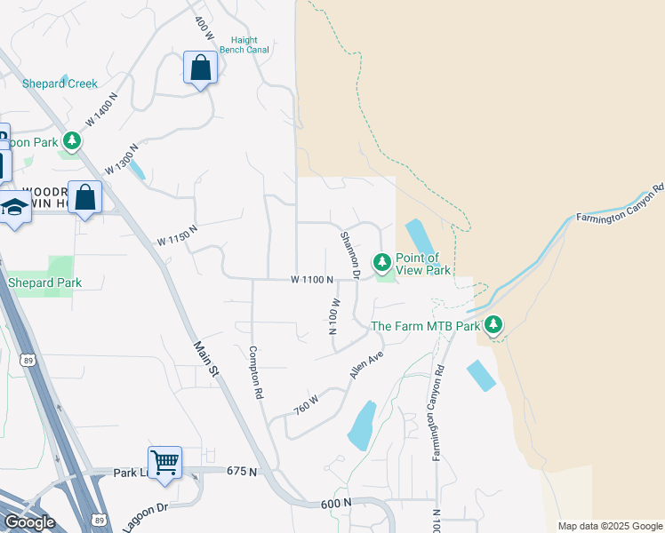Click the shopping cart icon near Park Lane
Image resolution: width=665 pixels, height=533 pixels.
(x=164, y=463)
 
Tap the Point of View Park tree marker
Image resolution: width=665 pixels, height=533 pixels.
(x=381, y=262)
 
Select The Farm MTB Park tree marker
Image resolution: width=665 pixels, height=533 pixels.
(x=493, y=325)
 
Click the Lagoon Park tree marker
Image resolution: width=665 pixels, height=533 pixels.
(x=71, y=141)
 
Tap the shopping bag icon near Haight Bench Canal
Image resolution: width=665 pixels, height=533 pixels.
(x=200, y=68)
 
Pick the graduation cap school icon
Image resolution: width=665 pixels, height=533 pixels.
(x=14, y=209)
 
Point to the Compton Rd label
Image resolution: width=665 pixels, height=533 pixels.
(x=257, y=370)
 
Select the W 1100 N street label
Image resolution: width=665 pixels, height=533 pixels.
(x=311, y=279)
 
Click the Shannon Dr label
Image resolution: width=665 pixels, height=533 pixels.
(x=349, y=256)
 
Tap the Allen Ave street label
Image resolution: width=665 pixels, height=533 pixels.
(x=365, y=364)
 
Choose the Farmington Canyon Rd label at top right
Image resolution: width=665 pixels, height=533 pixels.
(x=620, y=203)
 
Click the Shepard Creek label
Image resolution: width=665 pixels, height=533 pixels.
(x=60, y=84)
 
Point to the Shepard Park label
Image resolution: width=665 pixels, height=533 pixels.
(x=44, y=282)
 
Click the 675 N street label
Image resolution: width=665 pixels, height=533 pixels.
(x=241, y=471)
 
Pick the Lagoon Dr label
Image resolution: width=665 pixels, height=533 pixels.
(x=145, y=516)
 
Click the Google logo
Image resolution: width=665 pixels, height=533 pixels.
(x=29, y=522)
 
